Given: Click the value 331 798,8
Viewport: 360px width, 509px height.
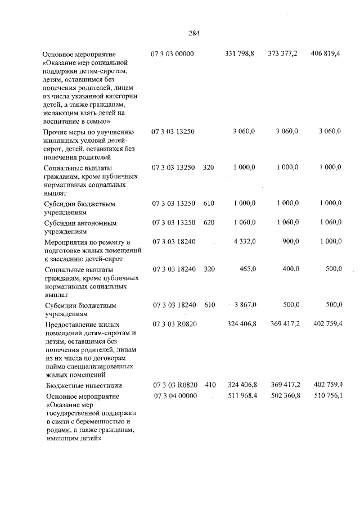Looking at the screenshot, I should coord(240,54).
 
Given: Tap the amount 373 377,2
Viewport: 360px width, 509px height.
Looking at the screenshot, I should coord(283,54).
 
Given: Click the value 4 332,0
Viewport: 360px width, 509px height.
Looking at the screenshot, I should coord(244,241).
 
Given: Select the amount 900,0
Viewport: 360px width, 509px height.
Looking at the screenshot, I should coord(290,241).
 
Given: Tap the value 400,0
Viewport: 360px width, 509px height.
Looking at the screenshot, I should coord(290,269).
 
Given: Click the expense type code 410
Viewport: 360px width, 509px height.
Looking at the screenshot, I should coord(209,385).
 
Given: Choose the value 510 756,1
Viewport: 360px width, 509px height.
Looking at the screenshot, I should coord(327,397).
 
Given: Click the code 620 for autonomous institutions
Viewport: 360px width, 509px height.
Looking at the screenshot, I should coord(209,223).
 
